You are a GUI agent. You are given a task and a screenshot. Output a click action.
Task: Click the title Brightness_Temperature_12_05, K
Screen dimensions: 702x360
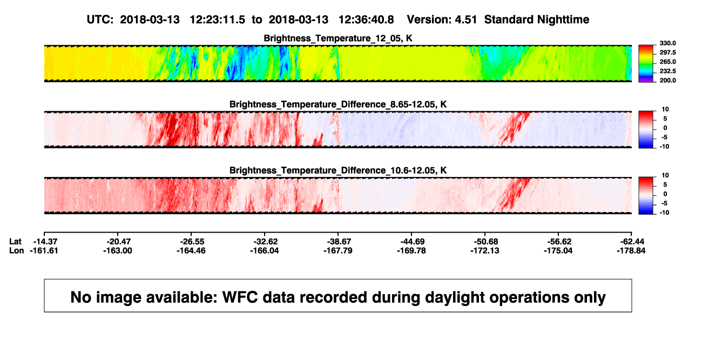click(x=338, y=38)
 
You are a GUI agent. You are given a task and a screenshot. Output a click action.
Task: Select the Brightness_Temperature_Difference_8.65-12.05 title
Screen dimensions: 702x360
click(x=338, y=104)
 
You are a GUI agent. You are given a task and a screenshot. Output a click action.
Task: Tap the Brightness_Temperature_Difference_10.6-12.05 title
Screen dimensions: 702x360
click(x=338, y=171)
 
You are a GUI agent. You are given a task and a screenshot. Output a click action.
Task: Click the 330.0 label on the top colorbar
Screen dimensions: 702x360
click(x=667, y=43)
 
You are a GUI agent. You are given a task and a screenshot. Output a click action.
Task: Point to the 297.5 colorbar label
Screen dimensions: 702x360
click(x=667, y=53)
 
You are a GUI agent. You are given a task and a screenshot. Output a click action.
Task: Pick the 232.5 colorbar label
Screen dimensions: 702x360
click(x=667, y=71)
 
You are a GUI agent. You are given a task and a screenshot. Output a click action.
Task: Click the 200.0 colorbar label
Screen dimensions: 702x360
click(x=667, y=80)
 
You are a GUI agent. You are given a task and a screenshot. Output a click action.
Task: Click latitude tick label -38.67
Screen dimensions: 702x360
click(x=339, y=242)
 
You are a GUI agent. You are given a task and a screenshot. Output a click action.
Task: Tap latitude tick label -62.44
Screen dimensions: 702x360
click(x=632, y=242)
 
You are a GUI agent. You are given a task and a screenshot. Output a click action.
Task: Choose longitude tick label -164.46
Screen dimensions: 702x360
click(x=191, y=250)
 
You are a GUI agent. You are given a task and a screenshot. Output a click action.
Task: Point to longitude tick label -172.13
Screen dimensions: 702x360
click(x=485, y=250)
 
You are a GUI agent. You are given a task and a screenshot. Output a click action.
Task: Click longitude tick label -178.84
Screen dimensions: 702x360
click(x=631, y=250)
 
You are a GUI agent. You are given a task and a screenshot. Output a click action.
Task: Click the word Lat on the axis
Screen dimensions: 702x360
click(x=15, y=242)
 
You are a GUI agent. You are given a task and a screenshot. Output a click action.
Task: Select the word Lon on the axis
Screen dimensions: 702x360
click(x=16, y=250)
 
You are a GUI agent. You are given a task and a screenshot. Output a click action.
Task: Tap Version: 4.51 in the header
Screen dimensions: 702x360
click(x=442, y=20)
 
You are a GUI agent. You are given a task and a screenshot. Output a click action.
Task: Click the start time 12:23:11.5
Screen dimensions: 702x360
click(x=218, y=20)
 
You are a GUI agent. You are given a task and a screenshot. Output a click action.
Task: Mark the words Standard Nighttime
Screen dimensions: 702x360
click(x=537, y=20)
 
